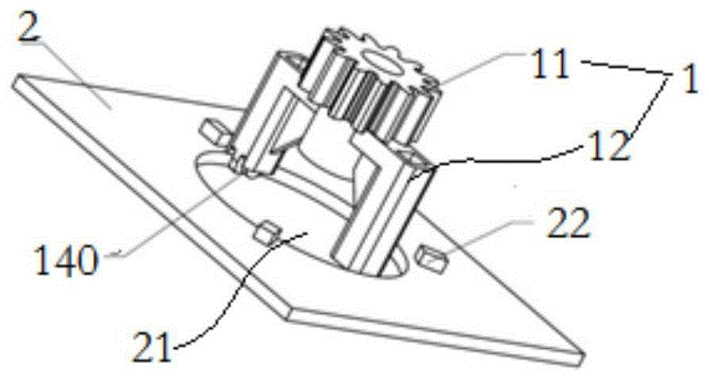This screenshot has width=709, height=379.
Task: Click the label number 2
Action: pyautogui.click(x=29, y=25)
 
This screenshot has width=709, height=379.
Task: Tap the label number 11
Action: pyautogui.click(x=549, y=64)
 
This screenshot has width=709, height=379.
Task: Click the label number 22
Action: pyautogui.click(x=568, y=222)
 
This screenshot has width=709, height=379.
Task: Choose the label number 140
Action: pyautogui.click(x=66, y=259)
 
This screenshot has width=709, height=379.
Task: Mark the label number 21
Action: pyautogui.click(x=152, y=346)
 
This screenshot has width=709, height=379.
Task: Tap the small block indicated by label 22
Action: pyautogui.click(x=432, y=257)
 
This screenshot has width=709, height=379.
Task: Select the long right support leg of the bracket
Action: pyautogui.click(x=380, y=213)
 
